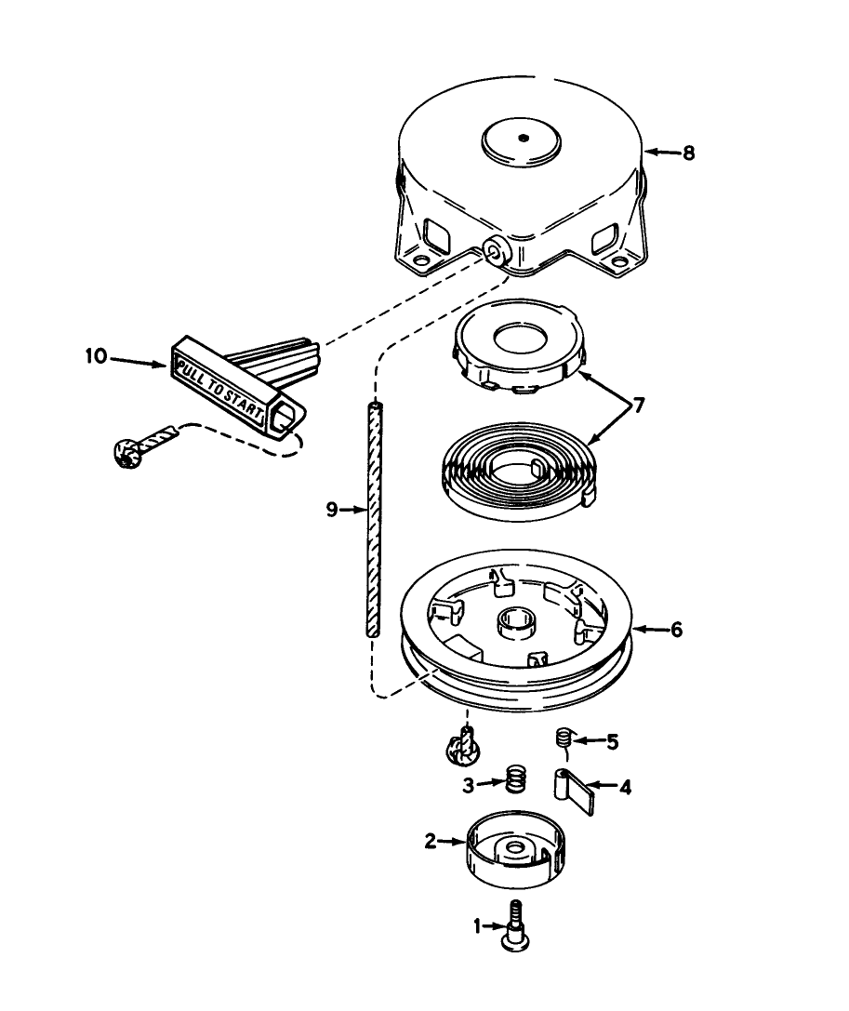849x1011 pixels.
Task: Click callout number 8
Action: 688,153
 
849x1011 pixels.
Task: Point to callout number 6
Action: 676,630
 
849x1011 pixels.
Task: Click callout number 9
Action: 332,509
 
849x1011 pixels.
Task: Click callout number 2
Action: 430,842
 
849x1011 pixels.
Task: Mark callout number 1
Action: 478,925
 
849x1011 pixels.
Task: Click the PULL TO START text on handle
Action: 223,383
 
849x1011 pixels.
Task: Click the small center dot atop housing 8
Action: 524,138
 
